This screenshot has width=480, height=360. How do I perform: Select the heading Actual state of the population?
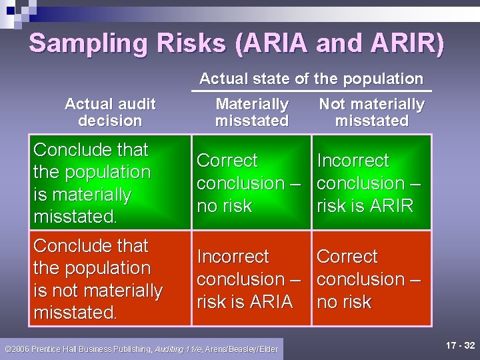[x=311, y=79]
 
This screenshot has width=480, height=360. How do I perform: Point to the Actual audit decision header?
[x=110, y=112]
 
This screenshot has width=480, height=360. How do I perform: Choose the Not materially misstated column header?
[x=371, y=112]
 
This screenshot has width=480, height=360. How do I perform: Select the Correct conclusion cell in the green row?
[x=251, y=183]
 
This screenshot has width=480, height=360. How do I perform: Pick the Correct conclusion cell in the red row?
[x=371, y=279]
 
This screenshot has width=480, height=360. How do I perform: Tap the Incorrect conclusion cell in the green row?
[x=371, y=183]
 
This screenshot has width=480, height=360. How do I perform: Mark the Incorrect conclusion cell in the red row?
[x=251, y=279]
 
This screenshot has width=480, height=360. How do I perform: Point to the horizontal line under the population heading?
[x=311, y=91]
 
